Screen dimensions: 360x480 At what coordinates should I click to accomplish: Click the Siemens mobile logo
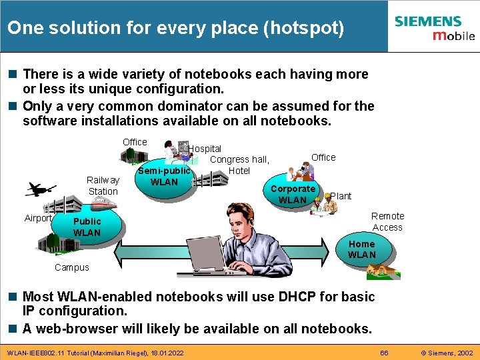tap(434, 28)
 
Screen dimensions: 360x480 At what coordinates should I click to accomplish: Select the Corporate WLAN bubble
tap(292, 194)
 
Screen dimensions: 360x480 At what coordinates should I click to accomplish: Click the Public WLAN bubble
tap(87, 227)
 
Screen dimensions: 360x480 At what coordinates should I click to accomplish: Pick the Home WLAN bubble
tap(361, 249)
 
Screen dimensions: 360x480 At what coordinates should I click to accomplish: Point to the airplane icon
tap(40, 189)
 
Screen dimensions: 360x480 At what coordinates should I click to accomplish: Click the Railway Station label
tap(103, 185)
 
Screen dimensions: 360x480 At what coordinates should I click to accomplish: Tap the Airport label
tap(38, 218)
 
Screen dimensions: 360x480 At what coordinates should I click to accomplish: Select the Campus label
tap(71, 267)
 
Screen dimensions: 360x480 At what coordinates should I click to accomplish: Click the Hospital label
tap(205, 149)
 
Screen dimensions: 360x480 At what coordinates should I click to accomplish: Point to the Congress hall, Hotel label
tap(239, 165)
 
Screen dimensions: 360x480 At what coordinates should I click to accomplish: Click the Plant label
tap(341, 196)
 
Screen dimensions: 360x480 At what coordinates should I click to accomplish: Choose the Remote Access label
tap(387, 221)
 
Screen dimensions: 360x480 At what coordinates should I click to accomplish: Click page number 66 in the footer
tap(384, 352)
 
